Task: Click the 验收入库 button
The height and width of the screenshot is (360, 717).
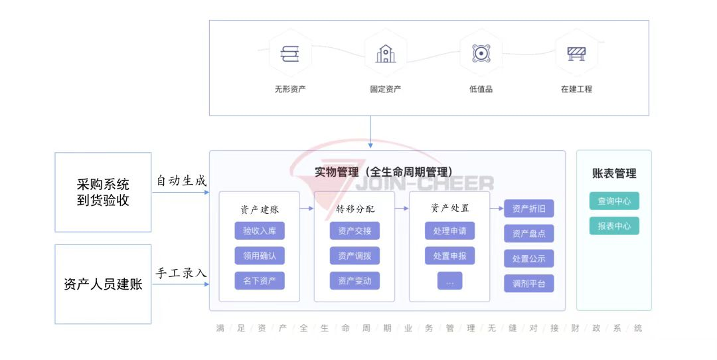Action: tap(259, 231)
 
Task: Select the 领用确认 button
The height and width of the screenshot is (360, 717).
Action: tap(259, 256)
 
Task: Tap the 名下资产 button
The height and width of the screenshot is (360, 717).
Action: tap(259, 280)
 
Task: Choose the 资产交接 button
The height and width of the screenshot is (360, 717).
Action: tap(355, 231)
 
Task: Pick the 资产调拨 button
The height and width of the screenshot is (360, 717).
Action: tap(355, 256)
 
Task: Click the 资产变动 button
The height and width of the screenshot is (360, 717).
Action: tap(355, 280)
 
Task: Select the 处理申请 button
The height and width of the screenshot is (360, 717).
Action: tap(449, 231)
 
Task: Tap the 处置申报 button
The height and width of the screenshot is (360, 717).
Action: tap(449, 256)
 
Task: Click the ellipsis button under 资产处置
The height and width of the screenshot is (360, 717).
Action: tap(449, 281)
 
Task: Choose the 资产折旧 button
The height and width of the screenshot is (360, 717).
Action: tap(528, 209)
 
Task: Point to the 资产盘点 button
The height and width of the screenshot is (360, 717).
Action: tap(528, 234)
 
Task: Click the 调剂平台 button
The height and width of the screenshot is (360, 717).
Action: tap(528, 284)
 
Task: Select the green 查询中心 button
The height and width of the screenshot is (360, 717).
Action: tap(614, 201)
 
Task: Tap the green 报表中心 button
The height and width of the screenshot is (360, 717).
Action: tap(614, 226)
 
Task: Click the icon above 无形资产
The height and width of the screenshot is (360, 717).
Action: tap(290, 54)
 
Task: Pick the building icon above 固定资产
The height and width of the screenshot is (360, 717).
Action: tap(386, 54)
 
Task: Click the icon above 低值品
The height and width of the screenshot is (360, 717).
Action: tap(481, 54)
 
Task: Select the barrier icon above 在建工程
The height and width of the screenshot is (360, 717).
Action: tap(576, 54)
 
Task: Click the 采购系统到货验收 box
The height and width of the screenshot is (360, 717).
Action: tap(103, 192)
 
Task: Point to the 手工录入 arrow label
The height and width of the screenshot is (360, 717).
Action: tap(181, 273)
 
